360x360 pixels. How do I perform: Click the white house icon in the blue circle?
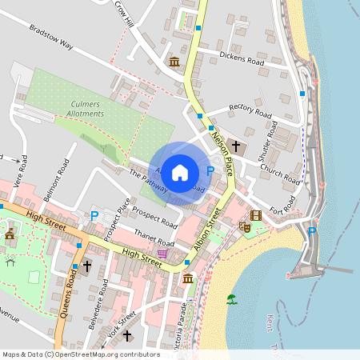180,172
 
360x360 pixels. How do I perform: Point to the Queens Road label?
70,293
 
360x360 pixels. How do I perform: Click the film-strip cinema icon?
255,215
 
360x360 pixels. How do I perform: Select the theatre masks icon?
246,227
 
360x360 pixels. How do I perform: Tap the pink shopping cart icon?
162,254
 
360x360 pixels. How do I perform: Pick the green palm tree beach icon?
232,299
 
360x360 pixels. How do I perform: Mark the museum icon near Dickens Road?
174,62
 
